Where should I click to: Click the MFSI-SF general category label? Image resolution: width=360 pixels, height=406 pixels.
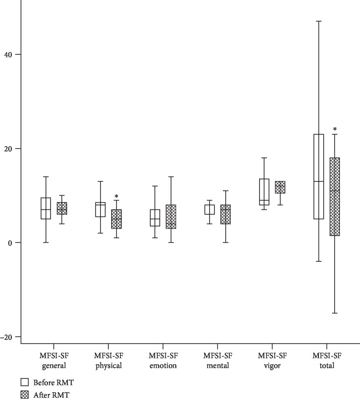pyautogui.click(x=54, y=361)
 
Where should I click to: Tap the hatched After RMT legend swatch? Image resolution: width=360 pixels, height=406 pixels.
pyautogui.click(x=24, y=394)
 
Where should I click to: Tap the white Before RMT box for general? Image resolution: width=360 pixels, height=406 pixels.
pyautogui.click(x=46, y=208)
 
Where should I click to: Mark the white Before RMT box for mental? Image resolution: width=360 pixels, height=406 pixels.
pyautogui.click(x=209, y=210)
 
